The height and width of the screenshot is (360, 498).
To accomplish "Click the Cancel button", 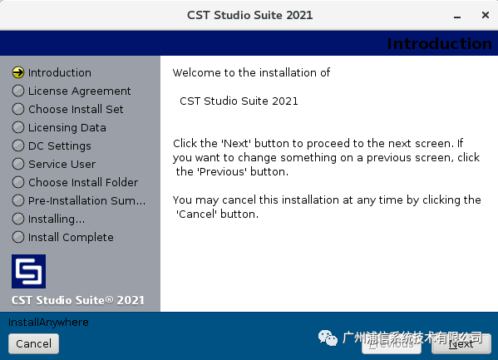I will (x=33, y=343).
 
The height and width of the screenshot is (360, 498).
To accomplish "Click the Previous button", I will (x=391, y=343).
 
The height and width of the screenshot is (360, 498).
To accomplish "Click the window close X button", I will (x=484, y=16).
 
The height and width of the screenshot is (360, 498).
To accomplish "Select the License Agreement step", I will (x=79, y=91).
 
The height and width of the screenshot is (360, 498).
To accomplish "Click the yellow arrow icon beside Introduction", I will (x=18, y=72).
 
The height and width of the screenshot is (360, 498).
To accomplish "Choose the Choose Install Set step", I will (x=76, y=109).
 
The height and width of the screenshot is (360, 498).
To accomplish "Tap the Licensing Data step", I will (x=67, y=127).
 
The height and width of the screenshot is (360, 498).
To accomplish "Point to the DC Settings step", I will (x=60, y=145).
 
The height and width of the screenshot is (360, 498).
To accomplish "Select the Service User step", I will (x=62, y=164).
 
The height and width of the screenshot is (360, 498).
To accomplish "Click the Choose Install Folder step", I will (x=83, y=182).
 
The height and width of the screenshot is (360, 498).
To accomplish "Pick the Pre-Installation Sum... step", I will (x=86, y=200).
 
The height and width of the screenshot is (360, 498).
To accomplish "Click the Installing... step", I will (x=57, y=219).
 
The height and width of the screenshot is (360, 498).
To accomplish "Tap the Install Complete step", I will (x=71, y=237).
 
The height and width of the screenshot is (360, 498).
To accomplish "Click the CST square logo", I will (x=28, y=271).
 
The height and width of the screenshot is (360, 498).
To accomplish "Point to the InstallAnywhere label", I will (x=48, y=322).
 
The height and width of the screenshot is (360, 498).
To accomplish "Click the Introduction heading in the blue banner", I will (x=439, y=44).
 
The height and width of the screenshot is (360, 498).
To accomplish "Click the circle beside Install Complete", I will (x=18, y=237).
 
